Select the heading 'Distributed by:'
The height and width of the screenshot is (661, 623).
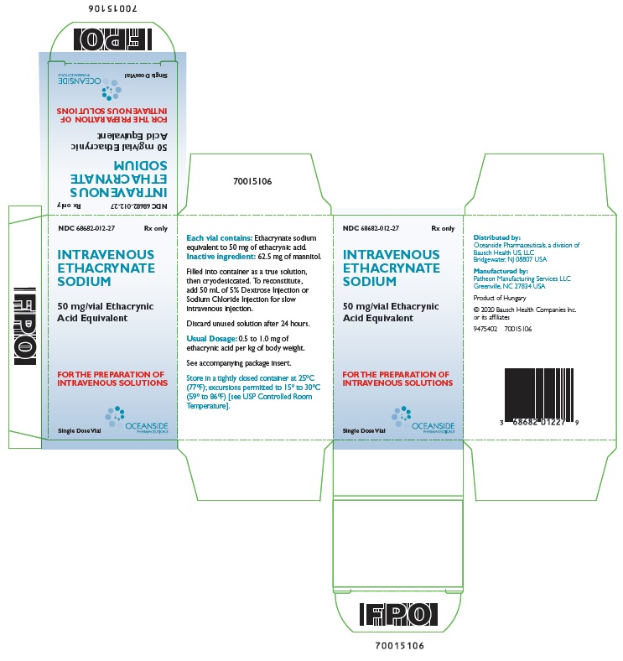pos(497,237)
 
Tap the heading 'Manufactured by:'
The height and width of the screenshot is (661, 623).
pos(501,272)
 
